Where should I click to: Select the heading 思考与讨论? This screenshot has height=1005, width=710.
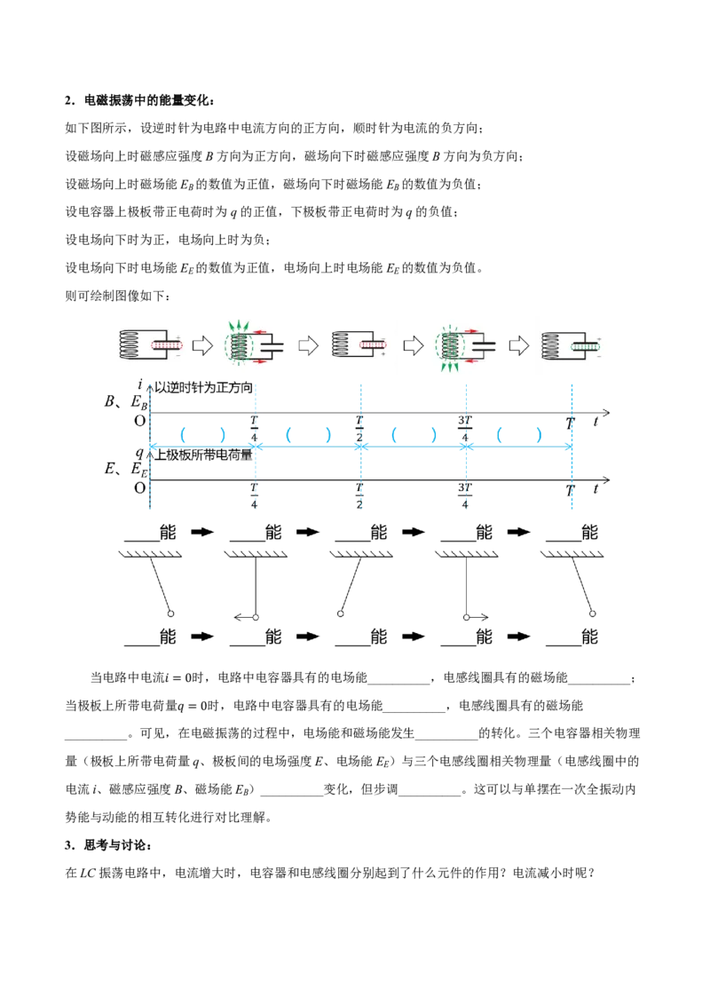pyautogui.click(x=115, y=845)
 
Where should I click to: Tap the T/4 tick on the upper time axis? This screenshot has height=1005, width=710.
pyautogui.click(x=255, y=428)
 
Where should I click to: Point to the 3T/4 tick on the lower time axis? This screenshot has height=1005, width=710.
pyautogui.click(x=465, y=496)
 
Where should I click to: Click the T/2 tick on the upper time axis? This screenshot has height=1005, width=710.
pyautogui.click(x=359, y=428)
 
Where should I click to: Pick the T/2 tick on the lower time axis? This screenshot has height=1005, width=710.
pyautogui.click(x=359, y=496)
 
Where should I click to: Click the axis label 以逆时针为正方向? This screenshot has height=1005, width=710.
pyautogui.click(x=204, y=388)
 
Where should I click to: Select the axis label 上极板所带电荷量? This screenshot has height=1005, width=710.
pyautogui.click(x=204, y=455)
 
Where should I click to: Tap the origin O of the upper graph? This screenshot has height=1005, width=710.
pyautogui.click(x=139, y=421)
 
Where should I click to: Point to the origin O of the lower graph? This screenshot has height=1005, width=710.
pyautogui.click(x=139, y=488)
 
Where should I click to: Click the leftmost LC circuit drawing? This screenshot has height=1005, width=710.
pyautogui.click(x=151, y=345)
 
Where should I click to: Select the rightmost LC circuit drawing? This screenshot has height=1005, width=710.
pyautogui.click(x=571, y=345)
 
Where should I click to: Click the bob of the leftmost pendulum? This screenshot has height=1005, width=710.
pyautogui.click(x=171, y=613)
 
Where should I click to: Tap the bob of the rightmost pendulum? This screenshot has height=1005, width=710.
pyautogui.click(x=593, y=613)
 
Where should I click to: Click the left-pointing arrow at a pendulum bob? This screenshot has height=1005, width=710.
pyautogui.click(x=243, y=617)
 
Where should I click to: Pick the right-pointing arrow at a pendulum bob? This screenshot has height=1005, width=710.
pyautogui.click(x=478, y=617)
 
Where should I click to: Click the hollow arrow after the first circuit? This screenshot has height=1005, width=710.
pyautogui.click(x=202, y=346)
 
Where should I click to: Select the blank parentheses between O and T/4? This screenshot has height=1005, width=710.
pyautogui.click(x=202, y=435)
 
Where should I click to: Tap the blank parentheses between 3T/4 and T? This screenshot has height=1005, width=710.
pyautogui.click(x=519, y=435)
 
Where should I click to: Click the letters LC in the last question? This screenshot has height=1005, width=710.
pyautogui.click(x=87, y=873)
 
